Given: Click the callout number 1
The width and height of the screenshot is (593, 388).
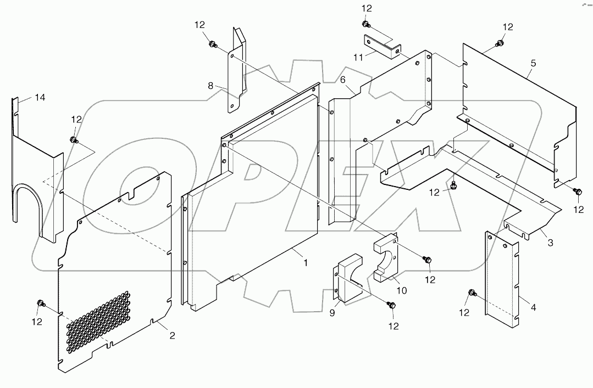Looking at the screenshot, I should (x=305, y=263).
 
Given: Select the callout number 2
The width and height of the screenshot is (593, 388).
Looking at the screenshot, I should (x=171, y=335).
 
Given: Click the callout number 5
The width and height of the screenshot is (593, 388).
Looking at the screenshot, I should (x=533, y=63).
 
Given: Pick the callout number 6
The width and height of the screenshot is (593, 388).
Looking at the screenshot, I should (x=342, y=80).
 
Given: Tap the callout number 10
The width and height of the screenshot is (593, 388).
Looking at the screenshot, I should (x=401, y=290).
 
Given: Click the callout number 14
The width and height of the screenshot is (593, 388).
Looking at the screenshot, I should (x=40, y=97).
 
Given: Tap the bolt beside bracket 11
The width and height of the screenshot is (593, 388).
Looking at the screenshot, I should (x=365, y=24).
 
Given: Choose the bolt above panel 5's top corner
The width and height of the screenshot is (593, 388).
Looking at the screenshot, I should (x=500, y=42).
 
